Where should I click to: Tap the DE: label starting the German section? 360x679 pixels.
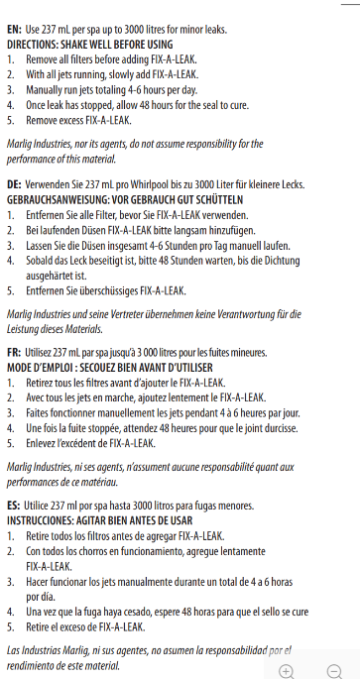15,185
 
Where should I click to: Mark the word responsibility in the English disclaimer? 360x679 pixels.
193,144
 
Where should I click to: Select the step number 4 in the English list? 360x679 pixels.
11,104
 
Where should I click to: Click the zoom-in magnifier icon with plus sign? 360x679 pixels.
287,670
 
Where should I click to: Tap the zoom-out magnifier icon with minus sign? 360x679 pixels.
335,670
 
